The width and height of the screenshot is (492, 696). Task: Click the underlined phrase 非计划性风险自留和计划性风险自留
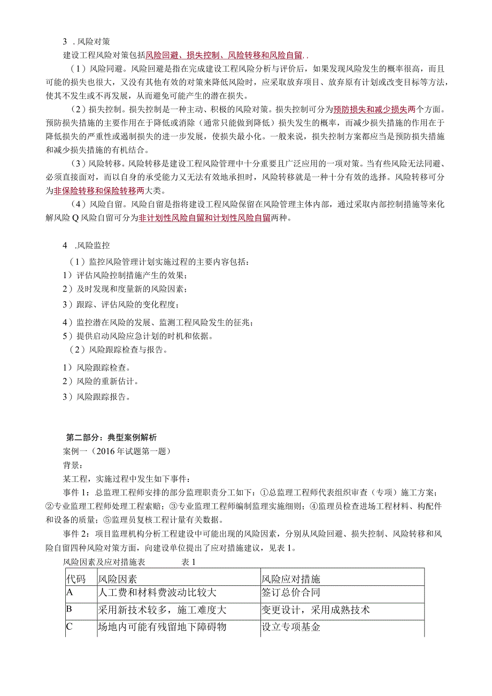[x=204, y=218]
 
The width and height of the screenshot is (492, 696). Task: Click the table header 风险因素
[x=118, y=579]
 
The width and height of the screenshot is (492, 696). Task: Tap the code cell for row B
[x=70, y=609]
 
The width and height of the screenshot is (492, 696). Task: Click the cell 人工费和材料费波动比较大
[x=157, y=593]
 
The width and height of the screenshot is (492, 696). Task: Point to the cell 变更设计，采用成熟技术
[x=316, y=610]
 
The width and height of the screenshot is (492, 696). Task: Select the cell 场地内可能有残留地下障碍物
[x=163, y=627]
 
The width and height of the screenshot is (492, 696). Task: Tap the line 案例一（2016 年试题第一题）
[x=117, y=451]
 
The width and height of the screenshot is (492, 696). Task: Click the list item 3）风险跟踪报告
[x=97, y=397]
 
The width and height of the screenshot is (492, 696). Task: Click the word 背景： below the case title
[x=72, y=465]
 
